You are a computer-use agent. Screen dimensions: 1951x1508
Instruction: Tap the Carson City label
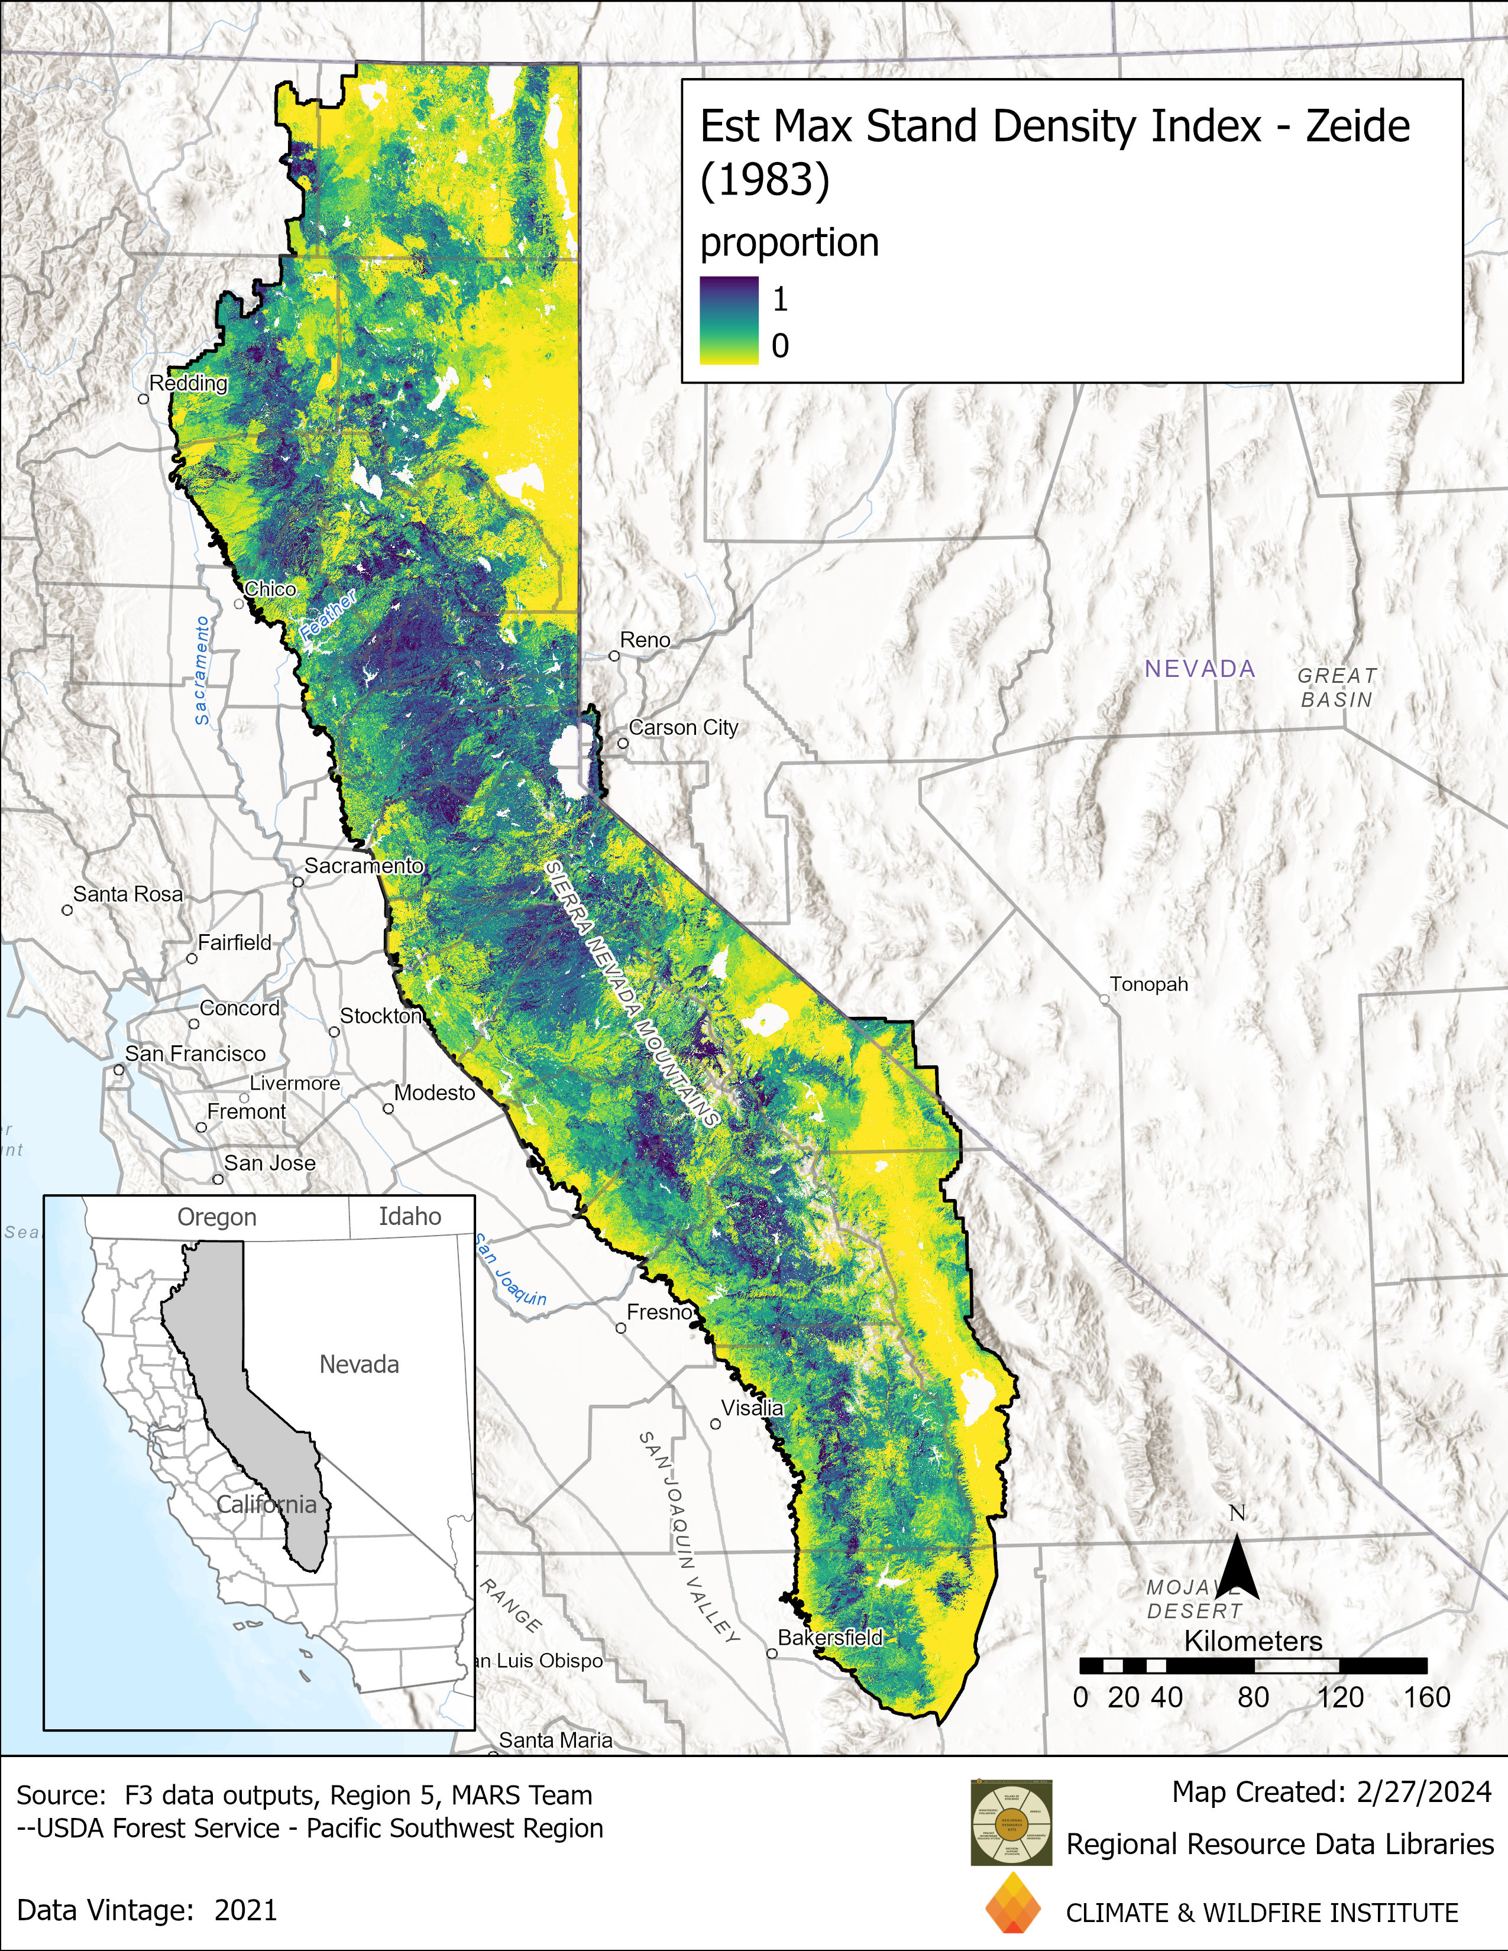click(x=684, y=727)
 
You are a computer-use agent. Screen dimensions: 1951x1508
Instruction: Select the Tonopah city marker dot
click(x=1104, y=1000)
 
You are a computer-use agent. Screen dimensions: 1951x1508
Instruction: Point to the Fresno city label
click(x=659, y=1312)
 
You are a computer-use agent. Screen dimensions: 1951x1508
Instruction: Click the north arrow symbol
click(x=1237, y=1570)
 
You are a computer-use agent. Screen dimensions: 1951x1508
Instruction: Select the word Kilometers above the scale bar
click(x=1253, y=1641)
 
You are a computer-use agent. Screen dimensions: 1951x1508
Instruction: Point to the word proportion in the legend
click(x=789, y=243)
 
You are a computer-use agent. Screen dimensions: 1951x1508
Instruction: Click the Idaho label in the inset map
click(x=410, y=1217)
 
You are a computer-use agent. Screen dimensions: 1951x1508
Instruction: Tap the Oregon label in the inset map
click(x=217, y=1217)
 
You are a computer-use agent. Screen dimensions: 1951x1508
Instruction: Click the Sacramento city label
click(x=364, y=866)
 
